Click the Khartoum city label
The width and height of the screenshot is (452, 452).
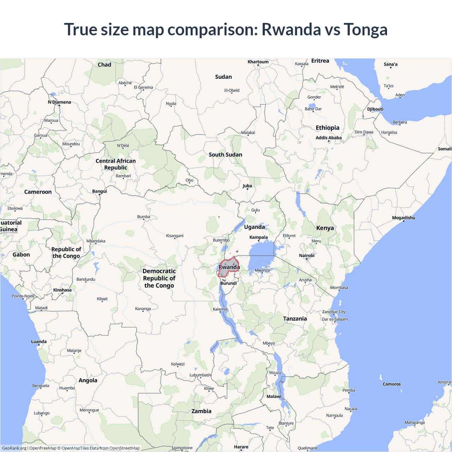(x=258, y=62)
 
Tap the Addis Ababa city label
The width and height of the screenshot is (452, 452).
(x=328, y=138)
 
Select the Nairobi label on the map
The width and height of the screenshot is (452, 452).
(x=307, y=255)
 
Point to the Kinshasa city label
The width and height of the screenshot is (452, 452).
(x=62, y=290)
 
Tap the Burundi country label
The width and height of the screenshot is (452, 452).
(x=228, y=283)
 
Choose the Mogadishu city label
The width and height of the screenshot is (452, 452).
(x=403, y=218)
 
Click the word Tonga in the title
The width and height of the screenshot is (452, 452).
(x=365, y=29)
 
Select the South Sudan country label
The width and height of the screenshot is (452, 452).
(x=225, y=155)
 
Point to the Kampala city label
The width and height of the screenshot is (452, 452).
(x=258, y=237)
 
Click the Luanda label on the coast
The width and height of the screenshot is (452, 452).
(x=39, y=341)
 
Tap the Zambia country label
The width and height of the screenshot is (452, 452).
(x=201, y=411)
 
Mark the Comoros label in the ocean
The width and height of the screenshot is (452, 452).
(x=392, y=384)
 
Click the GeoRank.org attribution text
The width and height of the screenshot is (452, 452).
(x=14, y=448)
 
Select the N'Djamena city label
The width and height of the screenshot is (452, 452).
(x=59, y=102)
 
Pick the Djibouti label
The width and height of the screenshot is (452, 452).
(x=375, y=109)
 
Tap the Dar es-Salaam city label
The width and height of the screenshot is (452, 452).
(x=334, y=319)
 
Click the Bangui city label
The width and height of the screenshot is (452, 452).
(x=100, y=191)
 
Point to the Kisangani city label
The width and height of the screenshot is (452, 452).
(x=175, y=236)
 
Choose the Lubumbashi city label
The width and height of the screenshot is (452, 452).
(x=201, y=375)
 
